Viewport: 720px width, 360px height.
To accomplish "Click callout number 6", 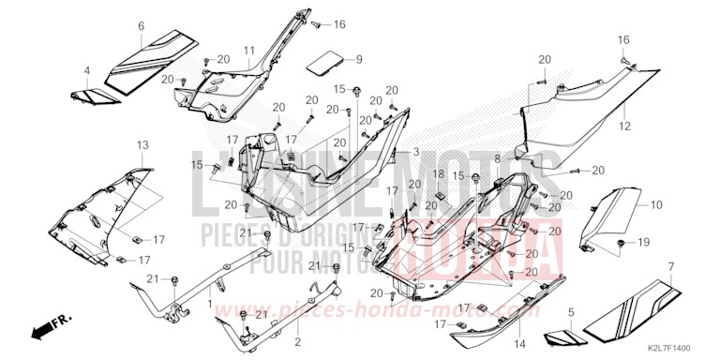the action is (x=142, y=26).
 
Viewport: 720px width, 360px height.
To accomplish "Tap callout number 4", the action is (x=86, y=70).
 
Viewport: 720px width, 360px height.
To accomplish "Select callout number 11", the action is (x=249, y=49).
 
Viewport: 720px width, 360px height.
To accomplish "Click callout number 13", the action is (x=143, y=145).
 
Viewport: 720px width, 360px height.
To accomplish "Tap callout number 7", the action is (x=671, y=267).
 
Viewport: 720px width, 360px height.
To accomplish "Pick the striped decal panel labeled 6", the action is (x=155, y=59).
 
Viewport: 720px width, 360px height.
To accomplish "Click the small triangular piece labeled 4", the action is (x=89, y=95).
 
